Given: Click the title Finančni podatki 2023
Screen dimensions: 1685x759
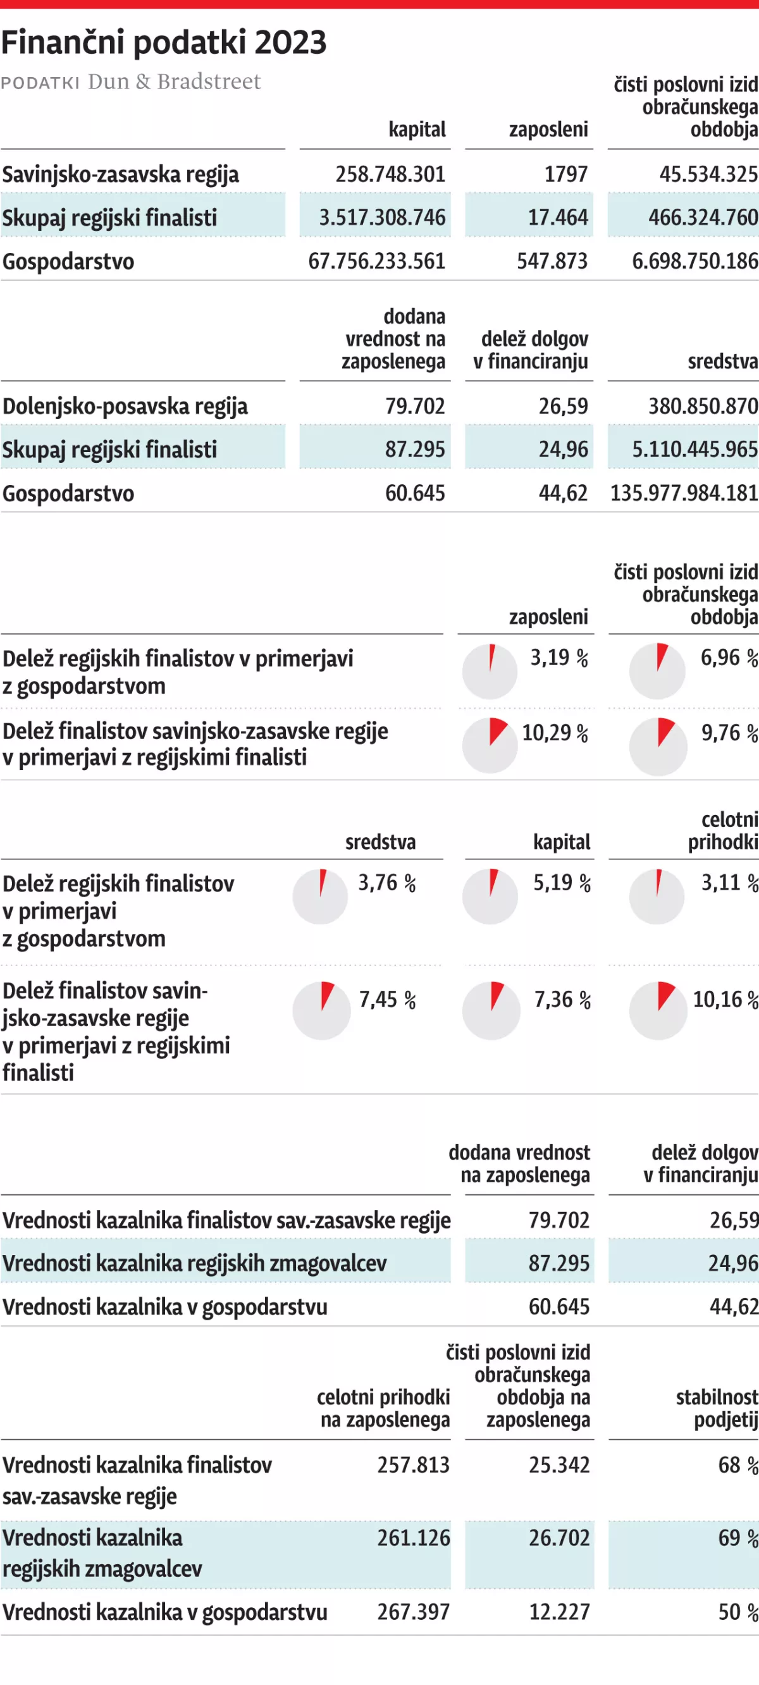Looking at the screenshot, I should pyautogui.click(x=164, y=43).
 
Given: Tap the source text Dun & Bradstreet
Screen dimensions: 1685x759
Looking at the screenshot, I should pyautogui.click(x=174, y=82).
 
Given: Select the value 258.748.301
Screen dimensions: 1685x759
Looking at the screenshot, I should pyautogui.click(x=390, y=174).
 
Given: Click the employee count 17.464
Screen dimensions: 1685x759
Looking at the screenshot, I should pyautogui.click(x=557, y=217).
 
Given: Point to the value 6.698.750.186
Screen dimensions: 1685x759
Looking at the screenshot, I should pyautogui.click(x=694, y=261).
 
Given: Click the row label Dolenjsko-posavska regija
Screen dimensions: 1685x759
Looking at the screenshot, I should pyautogui.click(x=125, y=406).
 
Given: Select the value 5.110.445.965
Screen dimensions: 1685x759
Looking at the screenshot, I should pyautogui.click(x=694, y=450).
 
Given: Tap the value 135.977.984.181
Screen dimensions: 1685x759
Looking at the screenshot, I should pyautogui.click(x=684, y=493).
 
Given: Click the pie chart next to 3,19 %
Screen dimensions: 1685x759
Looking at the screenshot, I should pyautogui.click(x=490, y=671).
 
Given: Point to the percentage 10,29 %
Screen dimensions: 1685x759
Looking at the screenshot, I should pyautogui.click(x=555, y=733).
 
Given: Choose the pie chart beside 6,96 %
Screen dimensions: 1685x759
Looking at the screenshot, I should pyautogui.click(x=657, y=671).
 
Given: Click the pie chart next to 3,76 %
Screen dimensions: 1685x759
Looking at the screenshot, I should pyautogui.click(x=320, y=896).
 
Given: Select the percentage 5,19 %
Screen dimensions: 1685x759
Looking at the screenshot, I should pyautogui.click(x=562, y=883).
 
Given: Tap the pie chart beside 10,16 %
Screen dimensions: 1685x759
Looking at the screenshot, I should pyautogui.click(x=658, y=1010).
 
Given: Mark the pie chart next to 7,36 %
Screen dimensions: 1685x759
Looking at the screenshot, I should pyautogui.click(x=491, y=1010).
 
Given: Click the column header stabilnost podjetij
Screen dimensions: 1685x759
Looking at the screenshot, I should pyautogui.click(x=717, y=1408).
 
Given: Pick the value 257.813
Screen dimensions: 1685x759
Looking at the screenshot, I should pyautogui.click(x=413, y=1465).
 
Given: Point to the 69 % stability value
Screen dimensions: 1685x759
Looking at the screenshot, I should pyautogui.click(x=737, y=1538).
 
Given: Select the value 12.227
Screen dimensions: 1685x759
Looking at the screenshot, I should pyautogui.click(x=558, y=1612).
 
